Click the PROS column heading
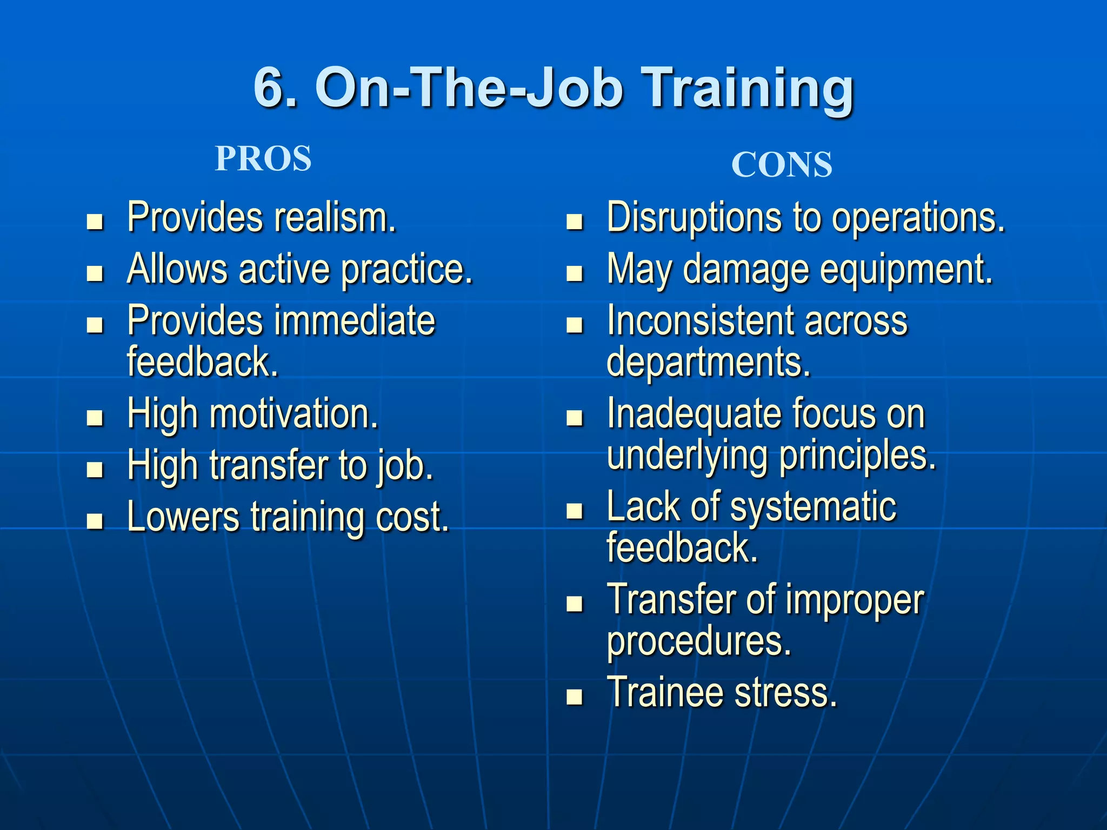coord(263,159)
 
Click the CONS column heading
coord(782,165)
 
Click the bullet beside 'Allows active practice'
coord(95,273)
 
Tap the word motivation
coord(294,414)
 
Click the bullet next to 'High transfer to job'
coord(95,470)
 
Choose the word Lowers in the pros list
coord(183,517)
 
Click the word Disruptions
coord(695,218)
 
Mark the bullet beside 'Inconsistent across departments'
coord(575,325)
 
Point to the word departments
coord(709,362)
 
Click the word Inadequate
coord(686,414)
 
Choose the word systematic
coord(813,507)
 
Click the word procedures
coord(699,642)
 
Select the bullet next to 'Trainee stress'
coord(575,697)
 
